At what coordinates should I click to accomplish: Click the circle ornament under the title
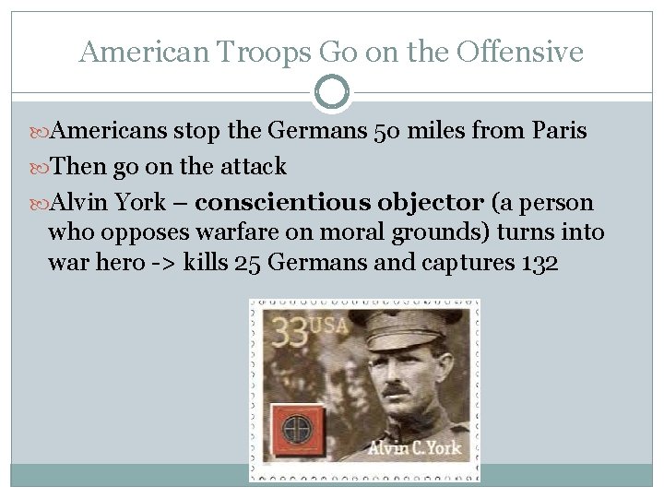(x=332, y=92)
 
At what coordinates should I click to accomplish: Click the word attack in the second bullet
(x=255, y=167)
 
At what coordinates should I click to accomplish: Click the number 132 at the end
(x=539, y=263)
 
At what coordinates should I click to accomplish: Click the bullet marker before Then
(x=41, y=167)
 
